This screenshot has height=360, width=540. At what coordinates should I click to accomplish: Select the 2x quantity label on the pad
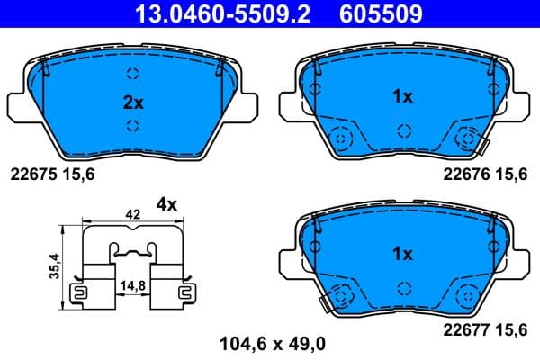132,102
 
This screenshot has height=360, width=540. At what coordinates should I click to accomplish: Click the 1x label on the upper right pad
402,96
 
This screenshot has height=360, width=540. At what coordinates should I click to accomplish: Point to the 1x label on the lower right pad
402,254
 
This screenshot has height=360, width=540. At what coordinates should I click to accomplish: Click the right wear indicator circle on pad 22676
467,139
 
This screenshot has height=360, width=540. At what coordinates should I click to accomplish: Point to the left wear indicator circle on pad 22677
341,294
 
